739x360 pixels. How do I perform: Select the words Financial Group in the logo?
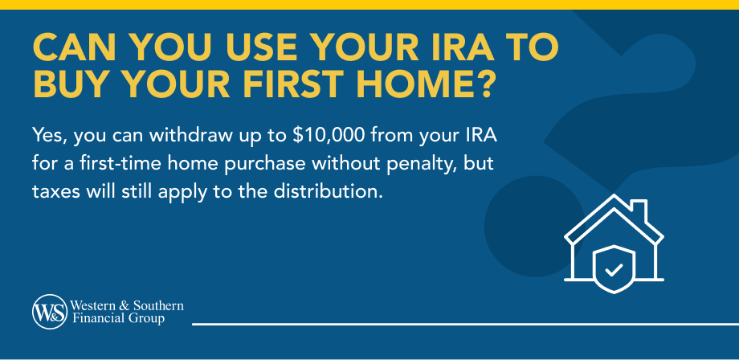click(x=118, y=319)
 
